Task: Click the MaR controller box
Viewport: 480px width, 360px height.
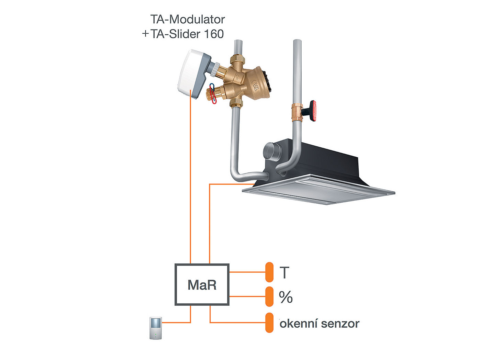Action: point(202,284)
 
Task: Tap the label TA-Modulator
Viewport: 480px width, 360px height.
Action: point(187,19)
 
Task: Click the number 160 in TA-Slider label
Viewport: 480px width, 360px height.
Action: point(214,34)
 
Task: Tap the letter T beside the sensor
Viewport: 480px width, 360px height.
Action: point(284,272)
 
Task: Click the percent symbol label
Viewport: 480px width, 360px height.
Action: point(286,297)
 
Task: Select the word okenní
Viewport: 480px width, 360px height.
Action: point(298,324)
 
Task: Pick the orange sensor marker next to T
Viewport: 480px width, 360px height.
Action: point(269,272)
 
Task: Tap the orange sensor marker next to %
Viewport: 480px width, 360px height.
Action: point(269,296)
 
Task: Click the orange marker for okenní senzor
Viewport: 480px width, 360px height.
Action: point(269,323)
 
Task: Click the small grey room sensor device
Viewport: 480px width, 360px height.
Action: point(156,328)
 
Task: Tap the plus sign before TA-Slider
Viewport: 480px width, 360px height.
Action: point(145,34)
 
